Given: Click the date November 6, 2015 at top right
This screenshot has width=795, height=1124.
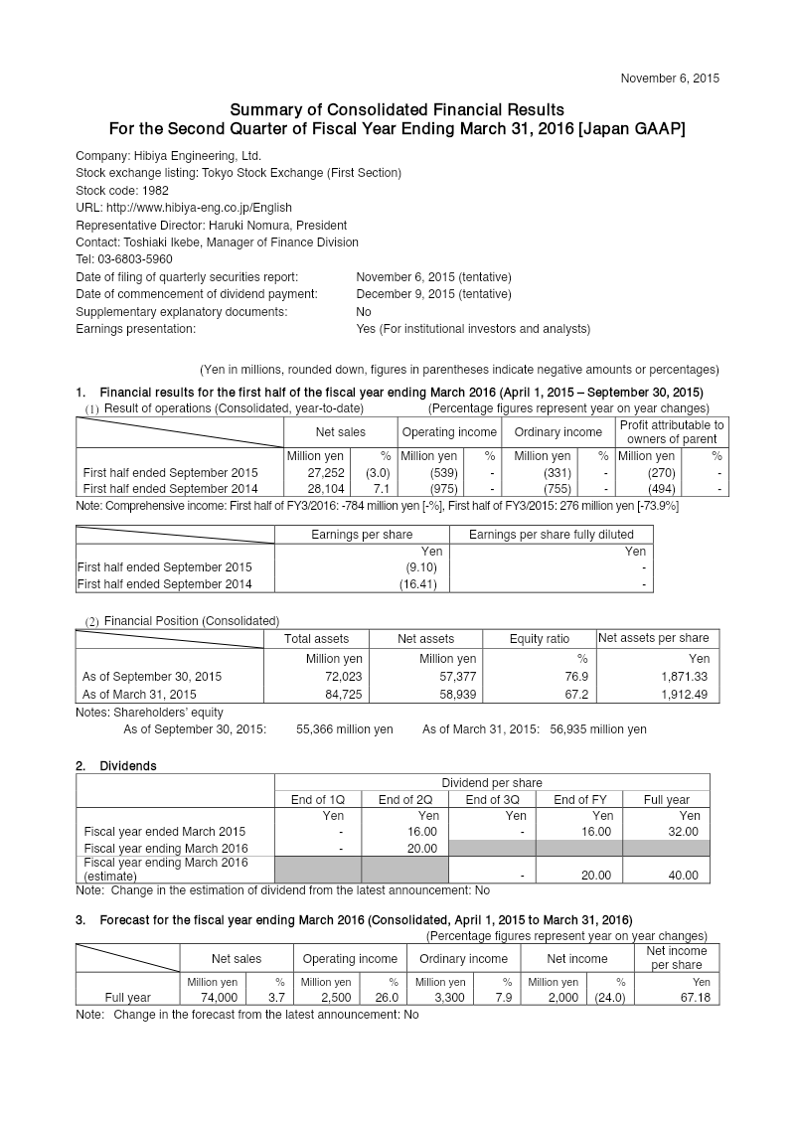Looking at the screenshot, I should (x=669, y=78).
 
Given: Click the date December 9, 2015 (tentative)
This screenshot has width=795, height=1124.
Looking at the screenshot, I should (x=433, y=294).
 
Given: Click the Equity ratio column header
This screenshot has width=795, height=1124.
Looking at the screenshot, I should (x=539, y=639).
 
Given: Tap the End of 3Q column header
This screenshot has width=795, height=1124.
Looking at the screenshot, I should (x=493, y=799).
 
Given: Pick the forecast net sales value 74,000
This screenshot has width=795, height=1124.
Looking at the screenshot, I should (x=219, y=998).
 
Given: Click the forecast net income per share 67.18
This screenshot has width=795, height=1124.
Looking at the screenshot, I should (x=694, y=998).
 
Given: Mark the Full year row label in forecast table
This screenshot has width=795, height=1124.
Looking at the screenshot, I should (x=127, y=998).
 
